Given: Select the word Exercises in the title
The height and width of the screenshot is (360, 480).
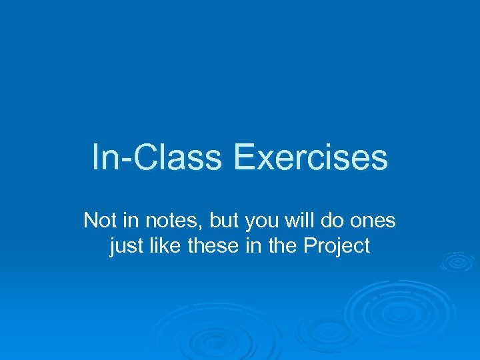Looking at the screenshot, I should click(310, 158).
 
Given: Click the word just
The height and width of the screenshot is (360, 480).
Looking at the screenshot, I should click(124, 246).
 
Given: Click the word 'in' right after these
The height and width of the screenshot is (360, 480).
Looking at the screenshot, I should click(250, 246).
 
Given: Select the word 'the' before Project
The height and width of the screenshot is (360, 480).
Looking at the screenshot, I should click(281, 246).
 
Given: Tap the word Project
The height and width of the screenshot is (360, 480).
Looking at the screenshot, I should click(336, 246).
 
